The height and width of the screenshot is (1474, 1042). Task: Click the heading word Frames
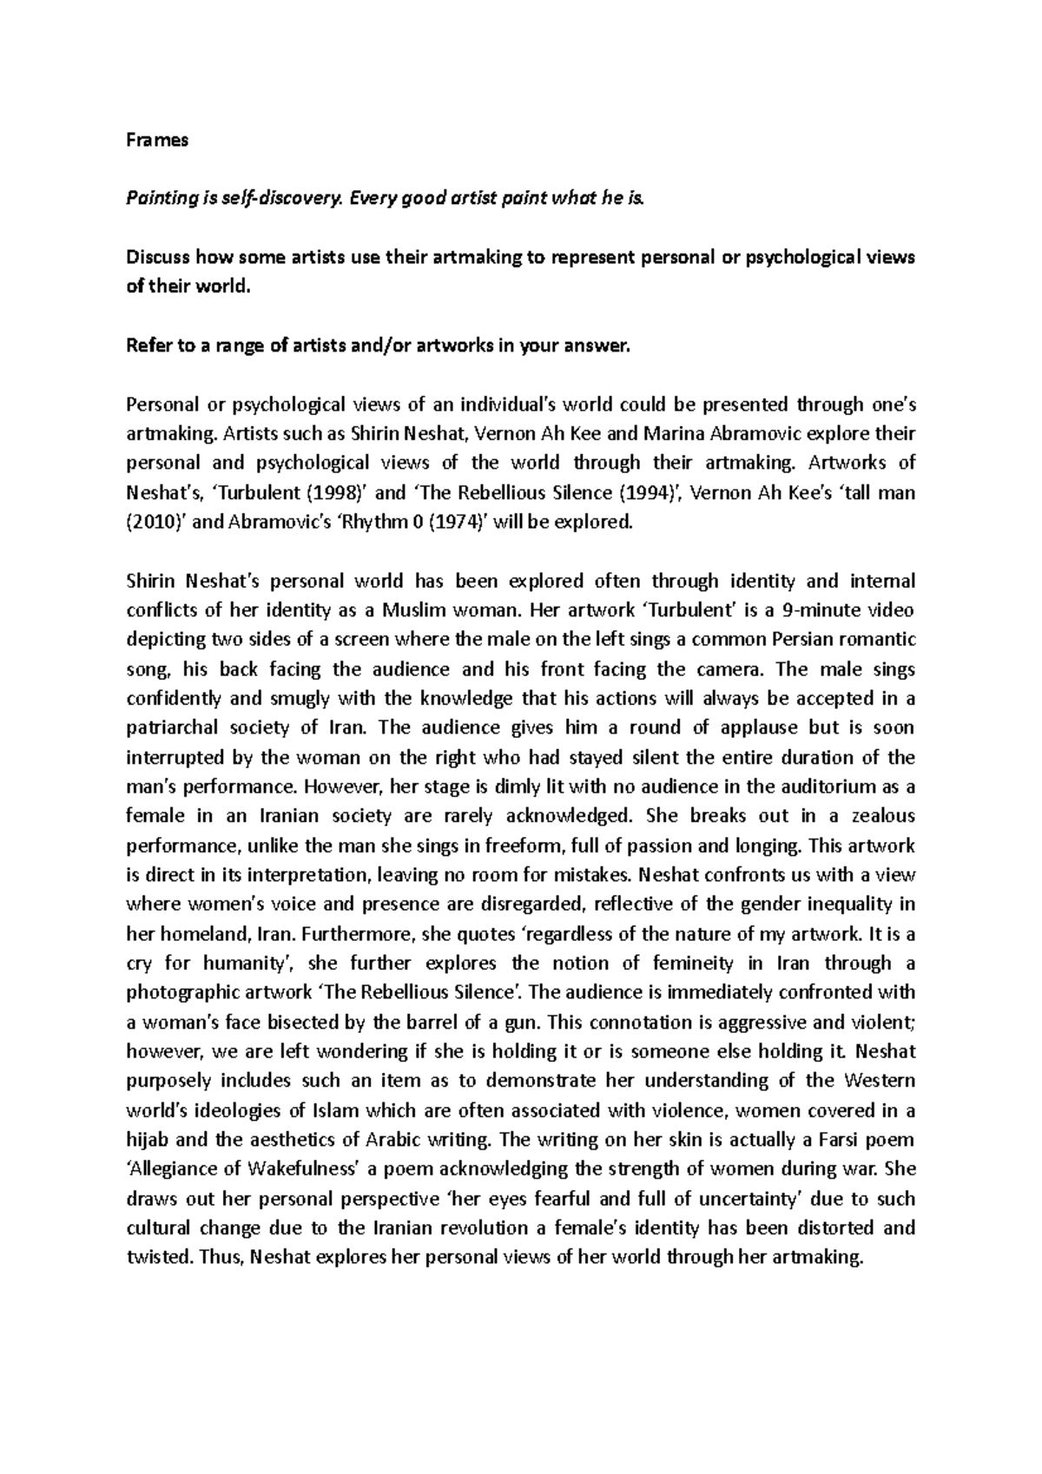(157, 140)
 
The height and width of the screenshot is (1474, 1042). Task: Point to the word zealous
(880, 816)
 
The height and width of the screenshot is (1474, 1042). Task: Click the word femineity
(699, 963)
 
